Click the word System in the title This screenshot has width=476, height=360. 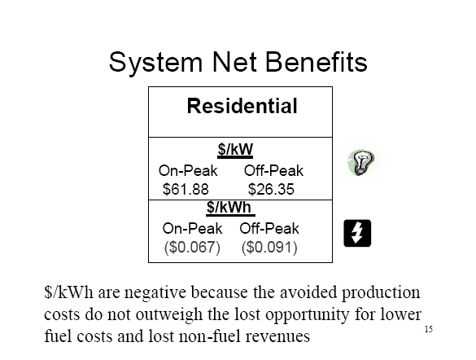tap(155, 62)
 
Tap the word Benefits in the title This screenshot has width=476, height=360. tap(317, 62)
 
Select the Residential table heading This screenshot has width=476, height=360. tap(242, 106)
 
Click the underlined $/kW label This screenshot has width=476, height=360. tap(235, 150)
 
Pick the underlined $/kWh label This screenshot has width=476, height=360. tap(230, 208)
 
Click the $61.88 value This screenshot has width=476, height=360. tap(186, 189)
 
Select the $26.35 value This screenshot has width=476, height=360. tap(271, 189)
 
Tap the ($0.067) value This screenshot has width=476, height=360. tap(192, 247)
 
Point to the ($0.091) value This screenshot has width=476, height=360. tap(269, 247)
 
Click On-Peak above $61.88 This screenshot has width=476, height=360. tap(188, 171)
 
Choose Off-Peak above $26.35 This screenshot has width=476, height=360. tap(273, 171)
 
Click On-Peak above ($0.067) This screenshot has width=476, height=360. tap(192, 228)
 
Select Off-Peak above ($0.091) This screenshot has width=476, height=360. tap(269, 228)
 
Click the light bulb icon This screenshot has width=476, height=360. tap(360, 163)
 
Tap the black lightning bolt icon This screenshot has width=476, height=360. tap(357, 233)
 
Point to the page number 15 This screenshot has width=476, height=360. tap(429, 329)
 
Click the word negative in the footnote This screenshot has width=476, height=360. tap(155, 293)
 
